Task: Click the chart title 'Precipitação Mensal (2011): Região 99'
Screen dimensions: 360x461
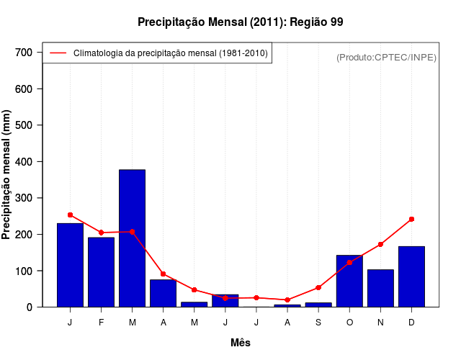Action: (x=240, y=22)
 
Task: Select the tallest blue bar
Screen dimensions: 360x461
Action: (x=132, y=238)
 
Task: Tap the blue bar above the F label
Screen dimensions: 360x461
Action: (x=101, y=272)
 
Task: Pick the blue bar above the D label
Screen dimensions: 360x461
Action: (x=411, y=276)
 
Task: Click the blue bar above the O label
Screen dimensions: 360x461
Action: (x=349, y=281)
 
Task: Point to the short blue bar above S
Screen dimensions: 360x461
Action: (x=318, y=305)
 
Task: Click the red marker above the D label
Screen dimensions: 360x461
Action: (x=411, y=219)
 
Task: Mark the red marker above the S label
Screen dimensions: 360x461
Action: (x=318, y=287)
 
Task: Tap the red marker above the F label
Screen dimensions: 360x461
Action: (x=101, y=233)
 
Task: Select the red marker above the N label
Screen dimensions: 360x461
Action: (x=380, y=244)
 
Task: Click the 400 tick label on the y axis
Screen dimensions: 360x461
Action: (x=24, y=162)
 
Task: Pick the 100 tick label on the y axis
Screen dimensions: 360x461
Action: (x=24, y=271)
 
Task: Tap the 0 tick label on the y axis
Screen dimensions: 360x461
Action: (x=30, y=307)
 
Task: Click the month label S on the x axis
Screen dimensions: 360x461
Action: (x=318, y=323)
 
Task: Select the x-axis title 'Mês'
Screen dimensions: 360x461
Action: (x=240, y=343)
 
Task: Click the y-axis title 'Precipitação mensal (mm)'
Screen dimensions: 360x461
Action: (x=8, y=180)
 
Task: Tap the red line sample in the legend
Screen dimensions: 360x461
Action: (x=58, y=53)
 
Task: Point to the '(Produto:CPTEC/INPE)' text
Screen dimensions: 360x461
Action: (x=387, y=57)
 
